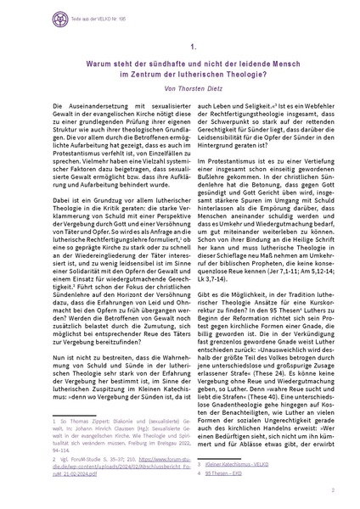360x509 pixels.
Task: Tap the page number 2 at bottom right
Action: tap(333, 491)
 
